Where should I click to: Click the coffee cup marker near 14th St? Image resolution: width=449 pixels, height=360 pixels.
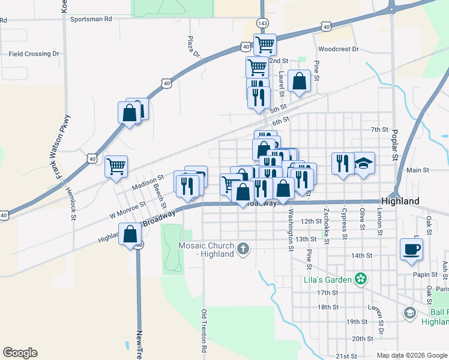point(411,249)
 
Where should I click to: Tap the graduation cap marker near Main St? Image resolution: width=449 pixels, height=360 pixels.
point(363,164)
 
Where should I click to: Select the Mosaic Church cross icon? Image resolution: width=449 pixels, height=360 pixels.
point(243,249)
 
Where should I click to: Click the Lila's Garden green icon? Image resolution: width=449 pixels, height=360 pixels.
point(360,278)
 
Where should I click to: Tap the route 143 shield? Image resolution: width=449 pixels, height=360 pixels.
point(262,23)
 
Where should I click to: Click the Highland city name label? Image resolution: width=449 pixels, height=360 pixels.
point(400,202)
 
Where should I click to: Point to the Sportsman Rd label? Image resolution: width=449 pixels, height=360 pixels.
point(91,19)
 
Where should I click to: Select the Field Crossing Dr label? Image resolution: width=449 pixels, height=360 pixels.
point(34,54)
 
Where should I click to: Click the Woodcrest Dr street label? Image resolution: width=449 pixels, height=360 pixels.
point(339,49)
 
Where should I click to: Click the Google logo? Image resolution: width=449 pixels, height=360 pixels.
point(20,353)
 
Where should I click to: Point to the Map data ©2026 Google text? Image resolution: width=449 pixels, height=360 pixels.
point(411,355)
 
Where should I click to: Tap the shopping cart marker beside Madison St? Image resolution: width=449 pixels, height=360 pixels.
point(116,166)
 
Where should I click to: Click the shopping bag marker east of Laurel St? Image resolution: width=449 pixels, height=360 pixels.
point(299,81)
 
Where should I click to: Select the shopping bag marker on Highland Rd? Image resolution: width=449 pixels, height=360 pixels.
point(130,233)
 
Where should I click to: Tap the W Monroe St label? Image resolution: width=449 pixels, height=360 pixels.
point(127,208)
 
